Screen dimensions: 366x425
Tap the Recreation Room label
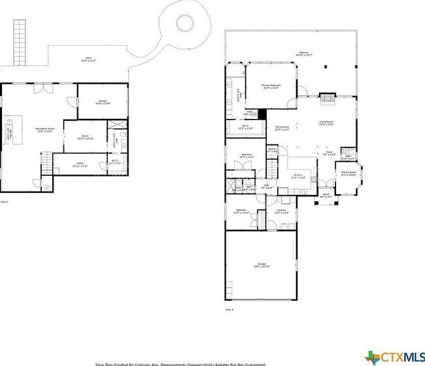45,130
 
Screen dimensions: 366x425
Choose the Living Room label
326,123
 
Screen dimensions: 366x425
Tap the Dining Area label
282,128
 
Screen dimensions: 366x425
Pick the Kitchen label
298,176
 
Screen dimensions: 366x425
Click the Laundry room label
280,211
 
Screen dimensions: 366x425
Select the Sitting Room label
348,174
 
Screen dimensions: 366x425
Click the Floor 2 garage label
262,265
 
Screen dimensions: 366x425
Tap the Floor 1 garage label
103,102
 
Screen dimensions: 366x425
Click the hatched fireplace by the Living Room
327,99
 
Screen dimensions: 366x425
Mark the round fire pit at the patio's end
184,23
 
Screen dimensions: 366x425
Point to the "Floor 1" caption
5,202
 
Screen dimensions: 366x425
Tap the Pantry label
271,150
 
